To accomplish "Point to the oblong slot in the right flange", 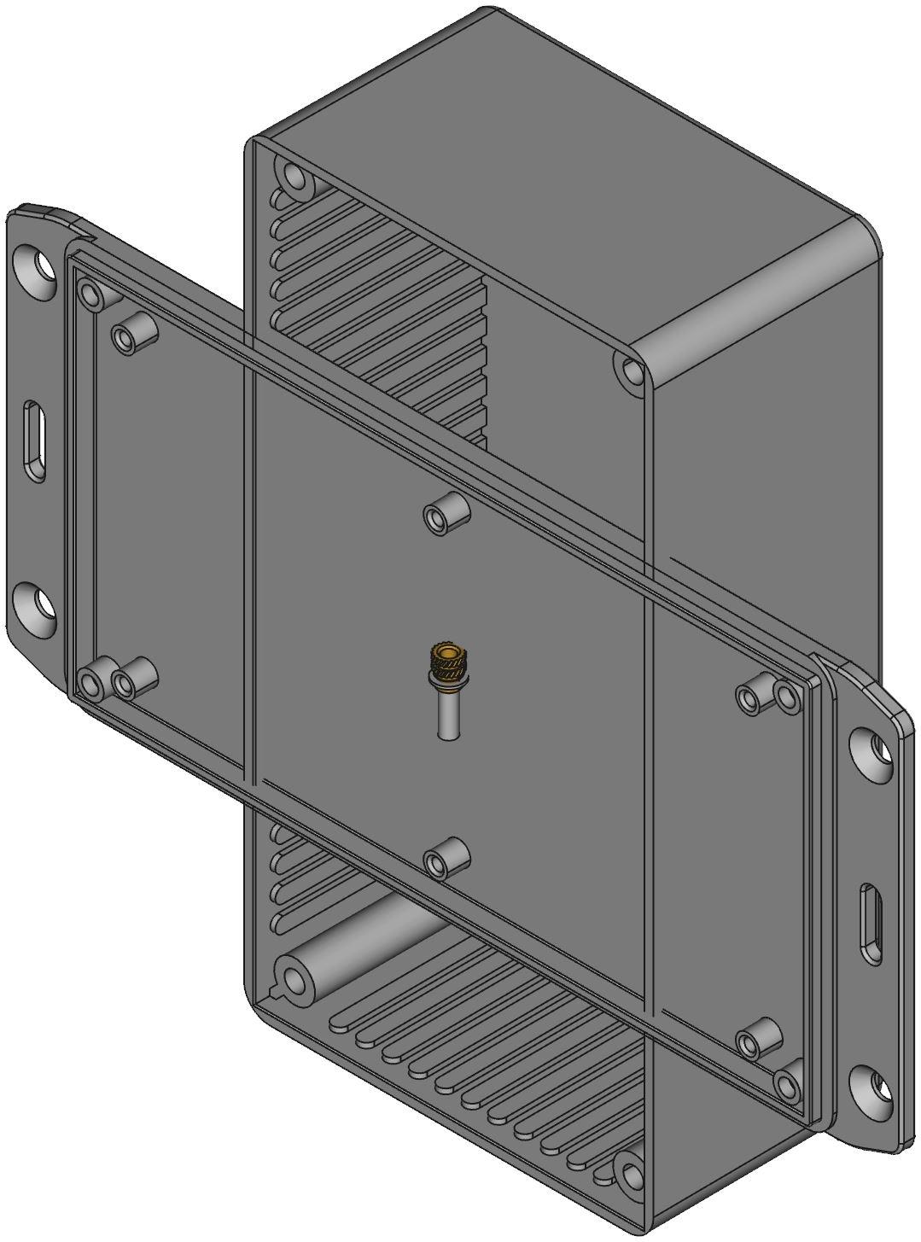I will coord(871,924).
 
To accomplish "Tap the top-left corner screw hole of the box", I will coord(296,178).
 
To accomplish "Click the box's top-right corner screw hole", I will coord(632,371).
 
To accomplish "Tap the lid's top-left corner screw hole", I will coord(88,294).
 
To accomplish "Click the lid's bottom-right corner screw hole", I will coord(786,1084).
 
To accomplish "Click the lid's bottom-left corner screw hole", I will coord(89,681).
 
